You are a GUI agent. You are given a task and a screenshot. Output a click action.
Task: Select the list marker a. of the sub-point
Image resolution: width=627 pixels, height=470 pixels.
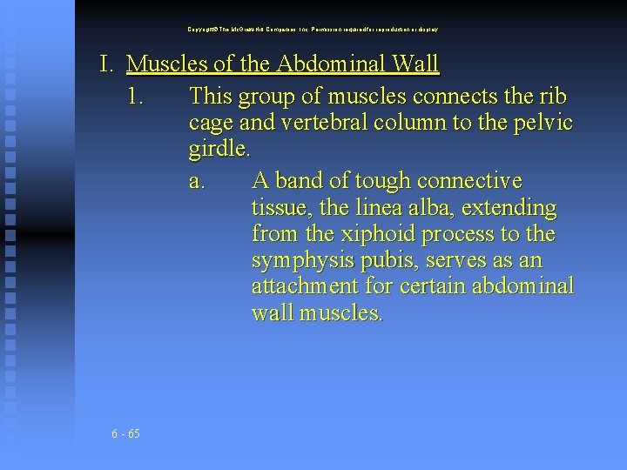pyautogui.click(x=198, y=181)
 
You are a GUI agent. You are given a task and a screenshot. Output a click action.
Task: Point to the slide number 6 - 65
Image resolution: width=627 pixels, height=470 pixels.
pyautogui.click(x=126, y=434)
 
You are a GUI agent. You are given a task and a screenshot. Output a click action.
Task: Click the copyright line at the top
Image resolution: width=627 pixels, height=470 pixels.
pyautogui.click(x=313, y=29)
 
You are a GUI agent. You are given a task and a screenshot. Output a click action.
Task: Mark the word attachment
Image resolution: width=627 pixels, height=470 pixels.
pyautogui.click(x=304, y=286)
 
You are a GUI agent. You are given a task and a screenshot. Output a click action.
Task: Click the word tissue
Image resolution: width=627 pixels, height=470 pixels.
pyautogui.click(x=280, y=209)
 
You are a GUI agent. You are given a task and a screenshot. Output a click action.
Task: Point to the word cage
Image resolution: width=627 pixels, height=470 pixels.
pyautogui.click(x=212, y=122)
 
